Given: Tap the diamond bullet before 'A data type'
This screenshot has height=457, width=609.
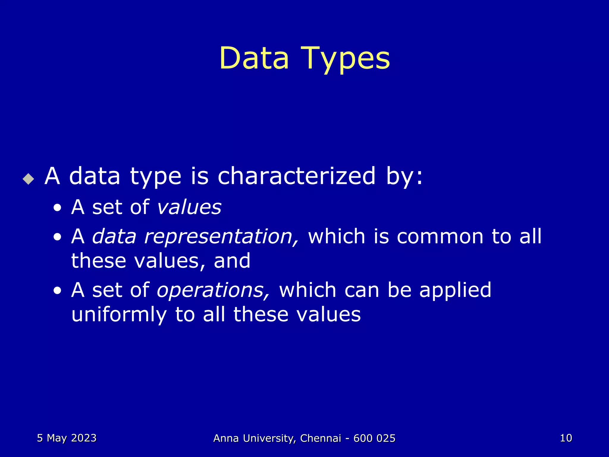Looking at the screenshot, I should pos(28,179).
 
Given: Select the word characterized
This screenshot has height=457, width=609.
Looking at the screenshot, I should pos(296,176).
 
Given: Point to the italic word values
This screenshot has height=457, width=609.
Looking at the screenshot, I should pos(189,207).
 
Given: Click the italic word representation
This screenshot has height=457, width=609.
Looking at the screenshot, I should pos(221,237).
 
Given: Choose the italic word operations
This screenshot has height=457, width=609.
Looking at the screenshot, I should pos(213,290).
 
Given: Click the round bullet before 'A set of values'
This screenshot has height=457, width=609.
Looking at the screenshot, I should pos(57,208).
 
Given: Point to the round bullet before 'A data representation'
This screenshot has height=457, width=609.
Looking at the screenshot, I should pos(57,237).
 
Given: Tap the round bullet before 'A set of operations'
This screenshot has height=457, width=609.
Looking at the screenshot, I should pos(57,291).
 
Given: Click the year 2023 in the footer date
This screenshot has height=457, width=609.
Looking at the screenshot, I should pos(84,438).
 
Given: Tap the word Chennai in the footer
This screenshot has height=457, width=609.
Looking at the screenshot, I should pos(321,438).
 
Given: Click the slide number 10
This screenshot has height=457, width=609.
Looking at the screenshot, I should pos(566,438).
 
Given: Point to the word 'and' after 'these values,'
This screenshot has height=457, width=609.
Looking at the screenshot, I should pos(232,261).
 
